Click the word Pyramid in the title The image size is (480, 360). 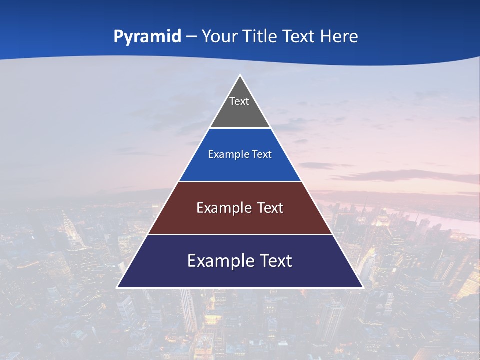pyautogui.click(x=147, y=37)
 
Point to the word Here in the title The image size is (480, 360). pyautogui.click(x=339, y=36)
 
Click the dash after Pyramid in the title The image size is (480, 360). pyautogui.click(x=191, y=37)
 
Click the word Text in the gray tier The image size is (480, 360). pyautogui.click(x=239, y=101)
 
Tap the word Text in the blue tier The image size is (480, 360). pyautogui.click(x=262, y=154)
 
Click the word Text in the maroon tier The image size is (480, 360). pyautogui.click(x=270, y=208)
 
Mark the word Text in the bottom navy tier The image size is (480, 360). pyautogui.click(x=276, y=261)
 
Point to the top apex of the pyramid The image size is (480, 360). pyautogui.click(x=240, y=76)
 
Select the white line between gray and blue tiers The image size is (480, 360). pyautogui.click(x=240, y=128)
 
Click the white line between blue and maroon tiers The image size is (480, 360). pyautogui.click(x=240, y=181)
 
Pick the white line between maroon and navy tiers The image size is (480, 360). pyautogui.click(x=240, y=234)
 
